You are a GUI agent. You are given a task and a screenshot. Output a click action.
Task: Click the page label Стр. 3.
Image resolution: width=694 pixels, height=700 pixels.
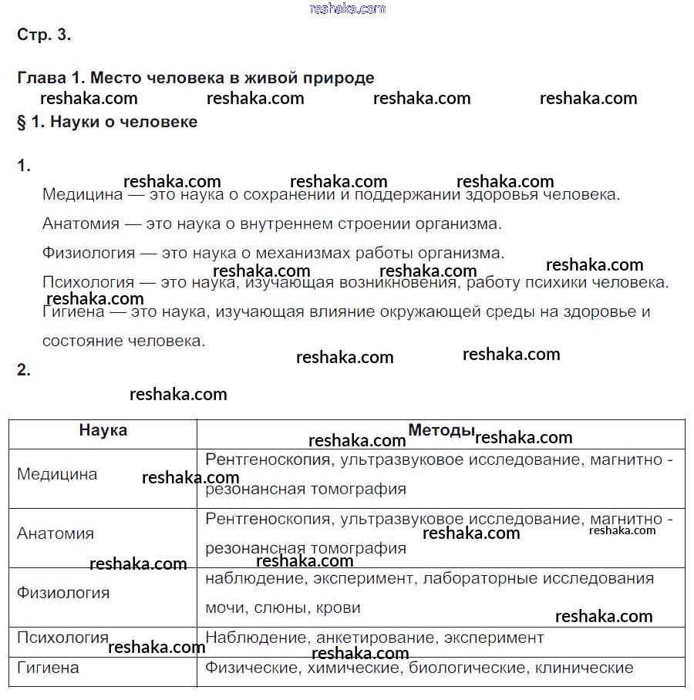43,35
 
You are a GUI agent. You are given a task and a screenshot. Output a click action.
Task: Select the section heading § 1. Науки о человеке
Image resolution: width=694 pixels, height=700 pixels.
107,122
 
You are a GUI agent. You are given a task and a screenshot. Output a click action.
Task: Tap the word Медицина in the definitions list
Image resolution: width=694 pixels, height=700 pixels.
83,195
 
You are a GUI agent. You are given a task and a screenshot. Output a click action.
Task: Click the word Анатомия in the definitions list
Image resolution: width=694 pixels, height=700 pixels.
81,224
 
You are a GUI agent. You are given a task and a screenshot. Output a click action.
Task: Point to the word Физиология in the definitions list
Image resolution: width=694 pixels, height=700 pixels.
89,254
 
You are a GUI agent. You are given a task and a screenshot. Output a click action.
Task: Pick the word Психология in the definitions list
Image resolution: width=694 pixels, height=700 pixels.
88,283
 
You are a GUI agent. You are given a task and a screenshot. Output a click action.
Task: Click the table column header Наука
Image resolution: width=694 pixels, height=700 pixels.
103,431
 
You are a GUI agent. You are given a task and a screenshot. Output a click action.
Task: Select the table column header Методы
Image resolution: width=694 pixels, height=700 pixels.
440,430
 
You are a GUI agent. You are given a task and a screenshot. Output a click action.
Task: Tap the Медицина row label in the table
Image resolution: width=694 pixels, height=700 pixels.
57,474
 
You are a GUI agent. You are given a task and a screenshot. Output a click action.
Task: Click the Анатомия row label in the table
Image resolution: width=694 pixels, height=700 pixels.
56,533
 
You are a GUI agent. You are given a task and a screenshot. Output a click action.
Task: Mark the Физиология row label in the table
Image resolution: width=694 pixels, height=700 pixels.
63,593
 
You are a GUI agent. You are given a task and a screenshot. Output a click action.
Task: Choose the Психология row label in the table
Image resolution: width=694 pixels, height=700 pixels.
62,638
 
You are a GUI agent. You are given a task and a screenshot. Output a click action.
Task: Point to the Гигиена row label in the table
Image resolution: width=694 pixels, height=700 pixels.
48,668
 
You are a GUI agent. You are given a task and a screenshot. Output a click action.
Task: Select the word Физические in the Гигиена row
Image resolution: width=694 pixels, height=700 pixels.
252,668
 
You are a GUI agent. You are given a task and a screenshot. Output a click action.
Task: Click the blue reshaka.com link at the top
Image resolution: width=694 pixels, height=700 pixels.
347,8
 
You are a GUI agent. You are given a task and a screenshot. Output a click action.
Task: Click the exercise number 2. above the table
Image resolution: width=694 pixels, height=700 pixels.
24,370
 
